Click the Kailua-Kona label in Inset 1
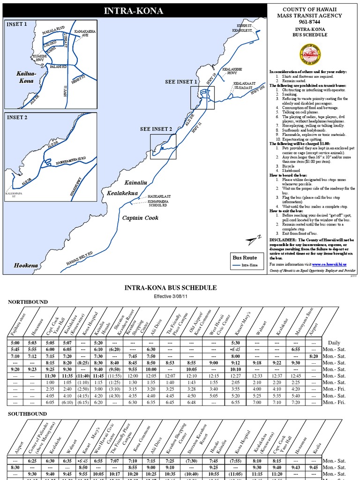[25, 77]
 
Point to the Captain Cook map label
[140, 217]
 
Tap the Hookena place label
[26, 265]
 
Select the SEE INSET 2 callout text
[156, 129]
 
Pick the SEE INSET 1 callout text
[181, 82]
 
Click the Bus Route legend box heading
[245, 257]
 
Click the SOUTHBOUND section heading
[28, 414]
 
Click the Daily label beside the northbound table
[334, 343]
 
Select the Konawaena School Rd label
[158, 203]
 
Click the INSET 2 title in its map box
[17, 118]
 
